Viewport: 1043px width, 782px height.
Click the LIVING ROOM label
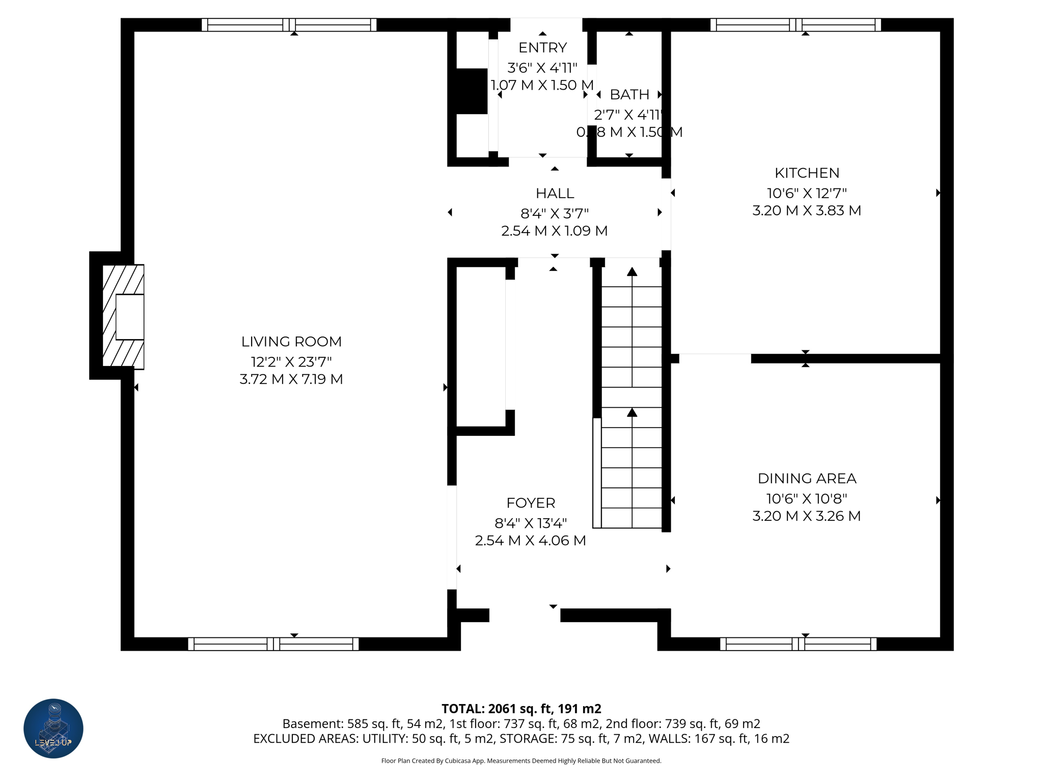(291, 342)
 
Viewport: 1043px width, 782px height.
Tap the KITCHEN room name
(807, 173)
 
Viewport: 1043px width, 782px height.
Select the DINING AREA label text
(807, 479)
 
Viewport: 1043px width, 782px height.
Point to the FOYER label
(531, 503)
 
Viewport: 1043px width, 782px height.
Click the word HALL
(555, 193)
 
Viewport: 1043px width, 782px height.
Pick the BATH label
(629, 95)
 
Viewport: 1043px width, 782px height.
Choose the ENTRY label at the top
(542, 48)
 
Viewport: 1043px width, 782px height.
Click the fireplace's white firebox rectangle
(129, 317)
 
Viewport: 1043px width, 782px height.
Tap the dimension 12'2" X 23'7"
(291, 362)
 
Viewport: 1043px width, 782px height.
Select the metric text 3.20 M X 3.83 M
(807, 210)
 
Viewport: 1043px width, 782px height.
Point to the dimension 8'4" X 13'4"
(531, 523)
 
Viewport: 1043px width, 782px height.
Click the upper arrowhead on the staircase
(632, 272)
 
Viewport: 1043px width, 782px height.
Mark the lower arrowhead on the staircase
(632, 412)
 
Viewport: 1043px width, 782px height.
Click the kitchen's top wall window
(795, 25)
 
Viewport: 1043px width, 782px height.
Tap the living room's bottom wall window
(273, 644)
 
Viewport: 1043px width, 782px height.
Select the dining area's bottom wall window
(798, 644)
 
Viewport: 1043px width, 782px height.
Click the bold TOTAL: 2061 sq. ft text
(521, 709)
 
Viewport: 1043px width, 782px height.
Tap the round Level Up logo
(53, 729)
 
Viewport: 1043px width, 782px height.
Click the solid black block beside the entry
(472, 91)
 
